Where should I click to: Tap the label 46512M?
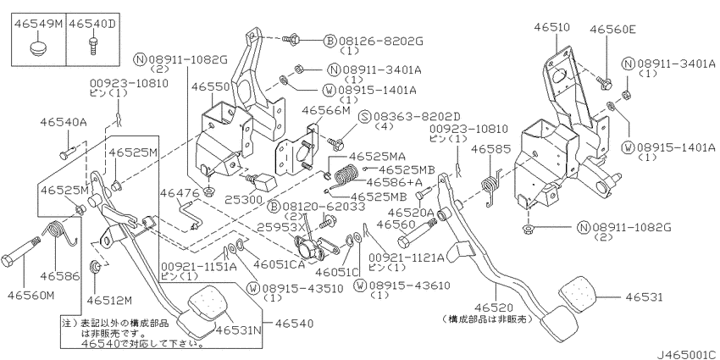click(x=113, y=299)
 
